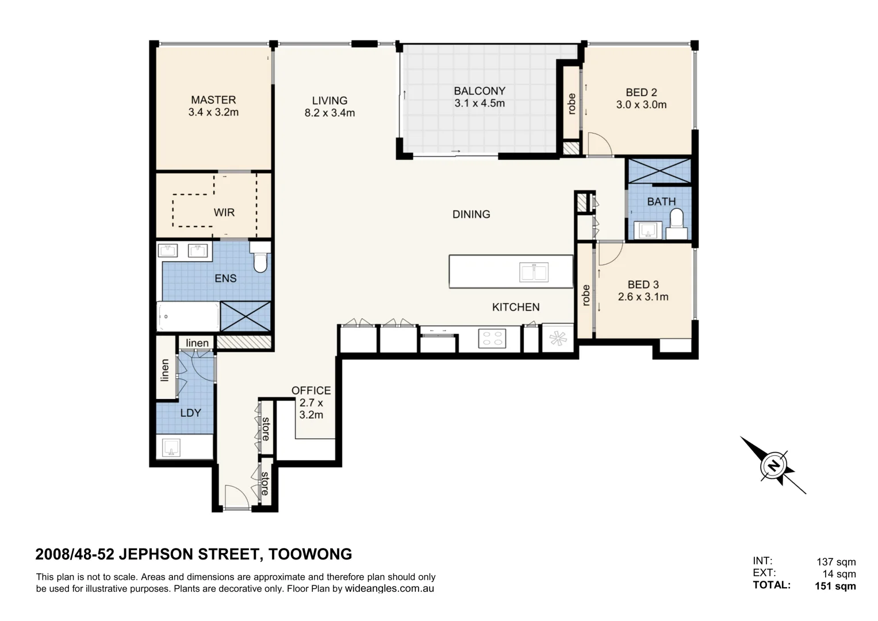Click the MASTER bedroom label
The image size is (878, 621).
pyautogui.click(x=213, y=100)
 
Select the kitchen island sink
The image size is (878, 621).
pyautogui.click(x=534, y=272)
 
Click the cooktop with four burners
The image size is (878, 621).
pyautogui.click(x=492, y=338)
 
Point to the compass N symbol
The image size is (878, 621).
pyautogui.click(x=773, y=466)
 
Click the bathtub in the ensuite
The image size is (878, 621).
pyautogui.click(x=188, y=316)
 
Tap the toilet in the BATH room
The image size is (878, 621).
pyautogui.click(x=677, y=224)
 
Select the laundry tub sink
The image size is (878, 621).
pyautogui.click(x=171, y=447)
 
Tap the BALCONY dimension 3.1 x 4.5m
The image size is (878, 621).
pyautogui.click(x=480, y=103)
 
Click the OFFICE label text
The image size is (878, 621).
pyautogui.click(x=311, y=390)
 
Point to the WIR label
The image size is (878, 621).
pyautogui.click(x=224, y=213)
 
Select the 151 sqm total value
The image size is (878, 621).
pyautogui.click(x=835, y=586)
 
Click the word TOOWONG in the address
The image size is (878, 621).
pyautogui.click(x=310, y=554)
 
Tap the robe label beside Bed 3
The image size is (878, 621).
pyautogui.click(x=586, y=295)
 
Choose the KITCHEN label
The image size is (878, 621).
pyautogui.click(x=516, y=307)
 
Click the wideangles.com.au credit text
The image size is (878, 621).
pyautogui.click(x=389, y=588)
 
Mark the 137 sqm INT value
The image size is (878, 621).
pyautogui.click(x=836, y=562)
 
